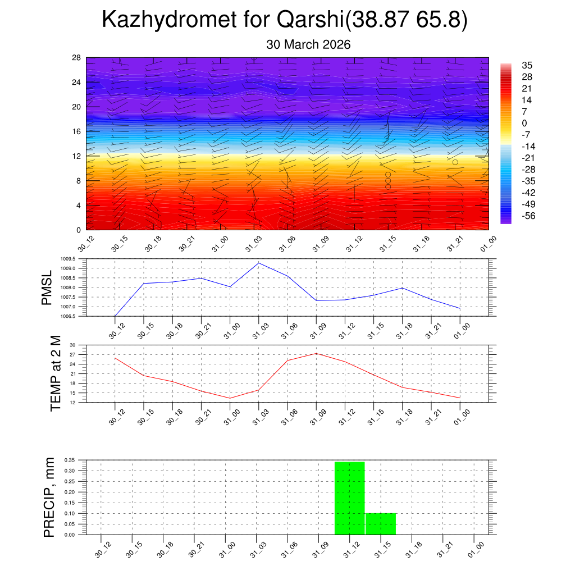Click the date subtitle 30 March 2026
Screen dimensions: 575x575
308,45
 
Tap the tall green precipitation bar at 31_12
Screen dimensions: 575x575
349,498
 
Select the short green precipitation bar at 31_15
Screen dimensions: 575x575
381,524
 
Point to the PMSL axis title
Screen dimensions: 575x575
47,287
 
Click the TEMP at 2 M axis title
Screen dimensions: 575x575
55,373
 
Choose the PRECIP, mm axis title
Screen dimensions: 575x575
49,497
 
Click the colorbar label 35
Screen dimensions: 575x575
527,65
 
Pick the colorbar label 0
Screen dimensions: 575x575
524,124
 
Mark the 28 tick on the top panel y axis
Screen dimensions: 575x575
76,58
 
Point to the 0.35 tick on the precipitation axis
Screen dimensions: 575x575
70,460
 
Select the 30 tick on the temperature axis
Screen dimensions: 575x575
72,345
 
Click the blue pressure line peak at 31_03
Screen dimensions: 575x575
259,263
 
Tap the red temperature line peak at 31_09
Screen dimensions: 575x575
317,353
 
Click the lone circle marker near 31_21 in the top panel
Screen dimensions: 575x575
455,162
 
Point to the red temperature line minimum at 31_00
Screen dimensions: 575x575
230,398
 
